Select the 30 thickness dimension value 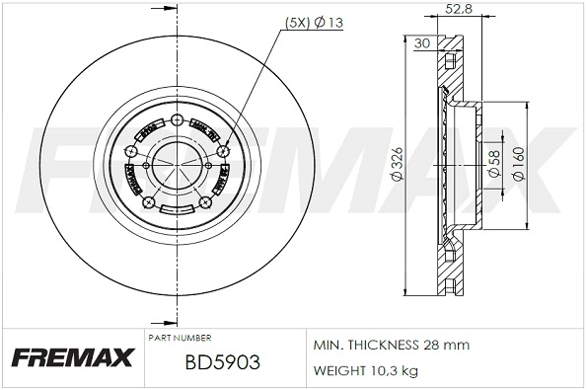(x=421, y=42)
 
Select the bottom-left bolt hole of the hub (x=150, y=202)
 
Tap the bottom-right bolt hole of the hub (x=206, y=202)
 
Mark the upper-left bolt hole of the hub (x=131, y=151)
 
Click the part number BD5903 (x=222, y=362)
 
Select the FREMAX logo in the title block (x=72, y=357)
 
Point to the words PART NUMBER (x=179, y=338)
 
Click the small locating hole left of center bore (x=145, y=165)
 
